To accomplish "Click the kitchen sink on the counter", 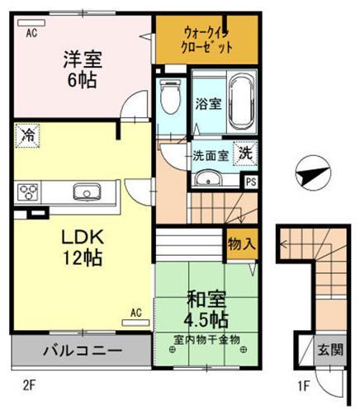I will pos(85,193).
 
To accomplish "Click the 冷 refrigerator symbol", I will pos(28,134).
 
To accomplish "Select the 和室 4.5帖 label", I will pos(206,307).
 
